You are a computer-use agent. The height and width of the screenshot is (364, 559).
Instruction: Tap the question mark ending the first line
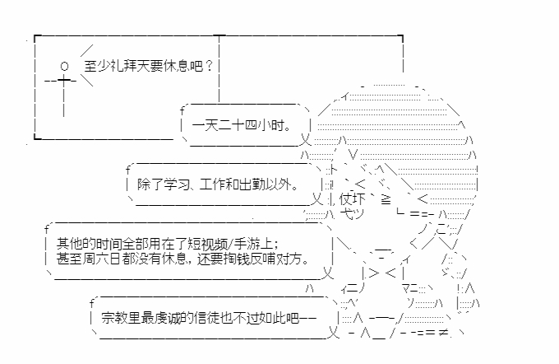coord(210,66)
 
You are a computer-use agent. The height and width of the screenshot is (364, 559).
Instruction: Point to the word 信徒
coord(216,318)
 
